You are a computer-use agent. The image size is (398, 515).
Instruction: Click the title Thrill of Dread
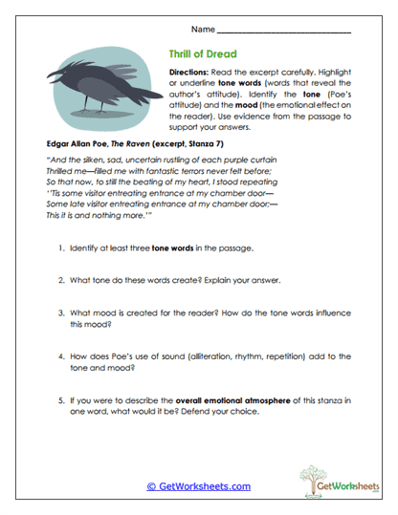click(x=203, y=54)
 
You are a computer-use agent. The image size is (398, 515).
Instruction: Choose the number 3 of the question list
click(x=59, y=311)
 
